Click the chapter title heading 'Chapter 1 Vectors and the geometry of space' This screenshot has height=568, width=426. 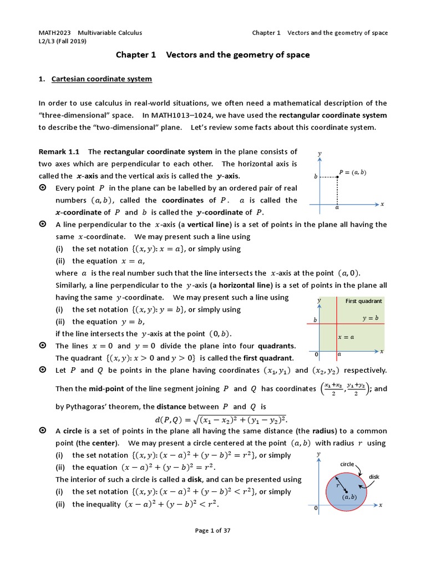click(212, 55)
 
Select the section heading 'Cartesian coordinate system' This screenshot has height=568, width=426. click(102, 79)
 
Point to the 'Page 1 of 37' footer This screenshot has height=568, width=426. click(212, 530)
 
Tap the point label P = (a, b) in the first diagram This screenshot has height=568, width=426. click(353, 173)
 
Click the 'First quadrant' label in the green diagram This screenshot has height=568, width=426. click(363, 301)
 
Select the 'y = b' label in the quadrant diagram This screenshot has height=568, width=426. click(370, 318)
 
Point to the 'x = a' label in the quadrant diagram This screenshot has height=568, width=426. click(346, 337)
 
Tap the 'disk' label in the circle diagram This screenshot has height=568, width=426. click(374, 476)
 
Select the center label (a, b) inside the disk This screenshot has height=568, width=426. click(349, 497)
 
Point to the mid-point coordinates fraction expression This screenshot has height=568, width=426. click(343, 389)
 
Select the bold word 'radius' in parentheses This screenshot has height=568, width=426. click(324, 431)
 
